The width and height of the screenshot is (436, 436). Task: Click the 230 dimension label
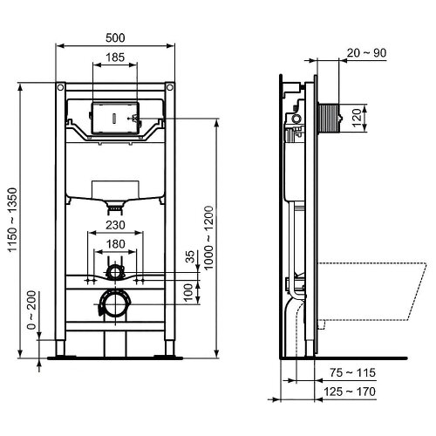[115, 223]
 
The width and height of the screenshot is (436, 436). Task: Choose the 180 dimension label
[115, 243]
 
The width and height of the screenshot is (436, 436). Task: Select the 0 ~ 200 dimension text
[32, 310]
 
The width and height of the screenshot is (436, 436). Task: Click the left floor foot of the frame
[61, 353]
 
